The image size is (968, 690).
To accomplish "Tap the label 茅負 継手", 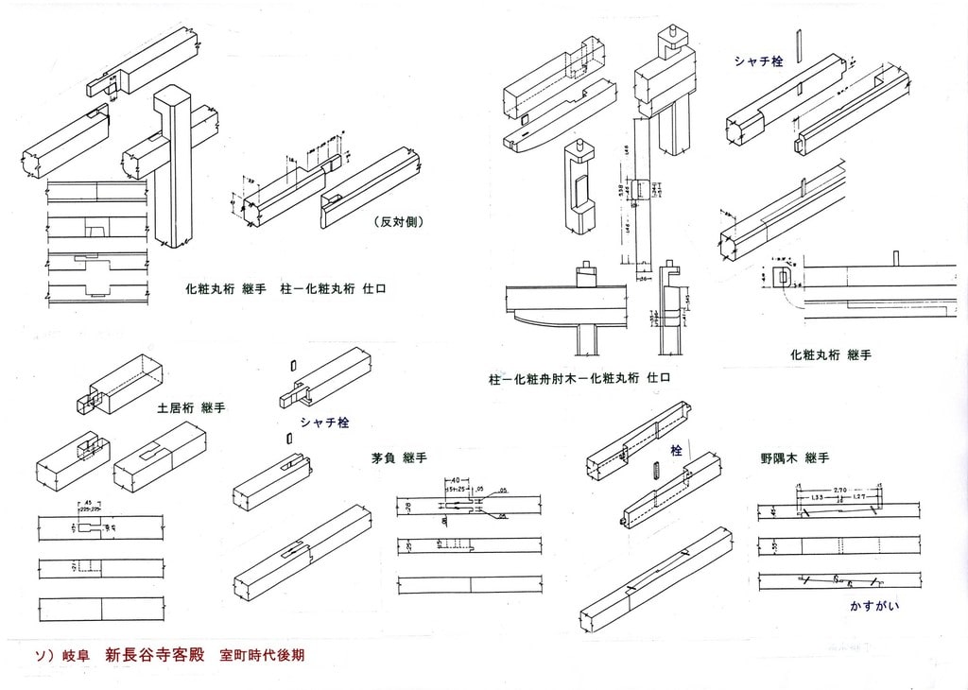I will tap(399, 457).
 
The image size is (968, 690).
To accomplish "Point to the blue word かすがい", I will tap(873, 605).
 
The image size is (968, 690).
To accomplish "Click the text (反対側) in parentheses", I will tap(397, 222).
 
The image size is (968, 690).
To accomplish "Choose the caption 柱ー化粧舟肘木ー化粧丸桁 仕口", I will tap(579, 378).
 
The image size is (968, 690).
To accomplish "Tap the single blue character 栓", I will tap(676, 452).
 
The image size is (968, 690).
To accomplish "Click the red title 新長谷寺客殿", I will tap(155, 654).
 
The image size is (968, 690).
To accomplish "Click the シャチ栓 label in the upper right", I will tap(758, 61).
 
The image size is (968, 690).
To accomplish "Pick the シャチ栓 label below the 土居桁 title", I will tap(324, 423).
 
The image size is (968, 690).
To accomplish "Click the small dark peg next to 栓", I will tap(655, 471).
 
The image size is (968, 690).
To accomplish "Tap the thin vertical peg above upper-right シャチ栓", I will tap(799, 44).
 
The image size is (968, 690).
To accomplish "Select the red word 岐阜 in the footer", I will tap(77, 654).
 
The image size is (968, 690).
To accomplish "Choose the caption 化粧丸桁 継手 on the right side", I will tap(830, 355).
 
